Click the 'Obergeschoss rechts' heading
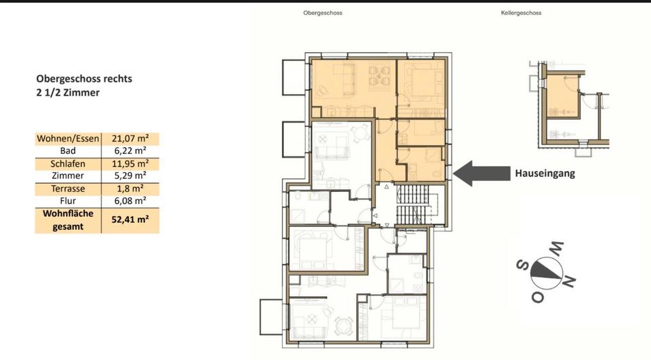pos(84,79)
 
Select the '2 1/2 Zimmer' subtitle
pos(68,92)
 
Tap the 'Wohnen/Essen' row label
pos(67,139)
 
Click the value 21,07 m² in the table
pos(130,139)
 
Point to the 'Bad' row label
pos(67,151)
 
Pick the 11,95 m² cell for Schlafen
pos(130,163)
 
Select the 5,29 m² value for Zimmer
pos(130,176)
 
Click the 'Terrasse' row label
pos(67,188)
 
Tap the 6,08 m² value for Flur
pos(130,201)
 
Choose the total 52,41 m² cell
pos(130,220)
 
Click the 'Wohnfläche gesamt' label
pos(67,220)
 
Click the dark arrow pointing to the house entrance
pos(477,173)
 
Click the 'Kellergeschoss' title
pos(521,13)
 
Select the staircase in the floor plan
pos(412,204)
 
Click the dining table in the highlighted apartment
pos(380,75)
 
